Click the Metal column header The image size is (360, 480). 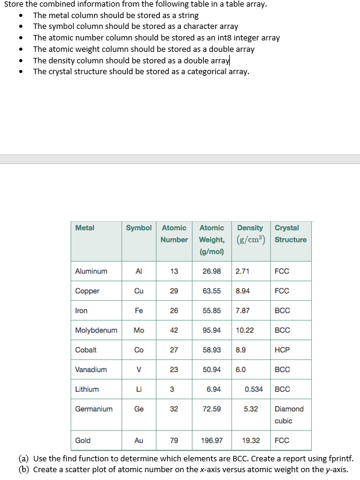pos(85,228)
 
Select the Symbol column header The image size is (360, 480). pos(139,228)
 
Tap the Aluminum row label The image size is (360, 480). pos(91,271)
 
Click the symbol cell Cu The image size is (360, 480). pos(139,291)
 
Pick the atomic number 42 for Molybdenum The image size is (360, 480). pos(174,330)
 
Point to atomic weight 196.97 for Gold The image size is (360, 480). pos(212,441)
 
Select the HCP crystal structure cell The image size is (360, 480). pos(282,350)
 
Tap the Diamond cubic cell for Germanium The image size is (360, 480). pos(289,415)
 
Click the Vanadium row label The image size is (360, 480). pos(91,370)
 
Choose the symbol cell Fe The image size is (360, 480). pos(139,311)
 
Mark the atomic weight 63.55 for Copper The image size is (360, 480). pos(212,291)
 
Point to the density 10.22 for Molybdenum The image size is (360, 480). pos(245,330)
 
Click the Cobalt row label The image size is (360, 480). pos(86,350)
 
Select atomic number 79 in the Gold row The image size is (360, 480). pos(174,441)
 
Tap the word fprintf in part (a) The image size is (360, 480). pos(340,459)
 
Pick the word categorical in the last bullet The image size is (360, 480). pos(203,72)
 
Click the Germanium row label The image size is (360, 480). pos(93,409)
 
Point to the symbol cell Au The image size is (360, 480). pos(139,441)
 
